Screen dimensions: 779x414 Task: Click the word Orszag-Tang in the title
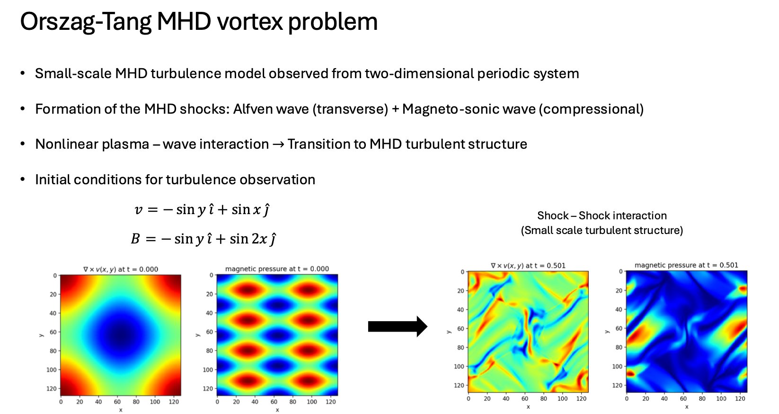point(86,22)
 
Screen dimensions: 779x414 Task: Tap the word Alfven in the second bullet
point(254,109)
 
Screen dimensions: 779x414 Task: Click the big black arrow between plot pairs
point(398,326)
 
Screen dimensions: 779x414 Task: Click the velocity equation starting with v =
point(202,210)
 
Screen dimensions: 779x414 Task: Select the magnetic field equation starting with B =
point(204,239)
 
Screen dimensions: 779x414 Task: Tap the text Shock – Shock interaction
point(602,216)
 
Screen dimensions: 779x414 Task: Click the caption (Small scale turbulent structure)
point(602,230)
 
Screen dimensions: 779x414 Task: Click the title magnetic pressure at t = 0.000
point(277,269)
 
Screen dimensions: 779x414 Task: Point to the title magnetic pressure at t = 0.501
point(686,265)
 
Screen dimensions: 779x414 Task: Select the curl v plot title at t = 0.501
point(528,265)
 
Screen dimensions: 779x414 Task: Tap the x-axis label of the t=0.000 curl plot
point(121,410)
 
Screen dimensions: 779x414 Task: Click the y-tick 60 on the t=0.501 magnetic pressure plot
point(619,328)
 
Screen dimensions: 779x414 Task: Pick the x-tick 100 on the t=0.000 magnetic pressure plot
point(311,402)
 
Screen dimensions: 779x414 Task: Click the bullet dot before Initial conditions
point(23,180)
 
